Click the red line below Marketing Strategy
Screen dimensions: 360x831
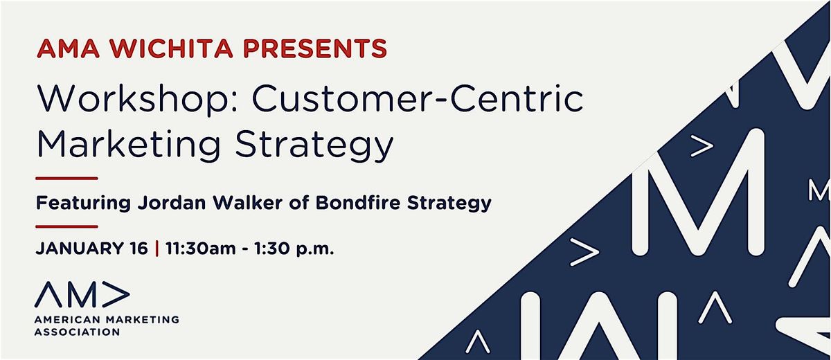pyautogui.click(x=66, y=179)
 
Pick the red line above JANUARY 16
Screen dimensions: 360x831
pyautogui.click(x=66, y=226)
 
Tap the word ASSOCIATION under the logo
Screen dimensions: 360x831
pyautogui.click(x=78, y=332)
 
